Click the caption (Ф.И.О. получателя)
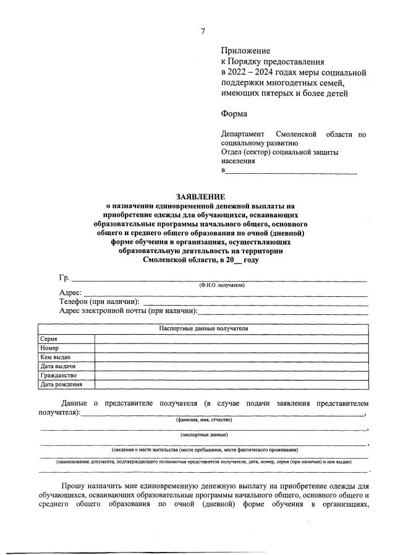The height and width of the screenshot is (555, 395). coord(221,285)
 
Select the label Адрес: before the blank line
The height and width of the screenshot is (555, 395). coord(70,293)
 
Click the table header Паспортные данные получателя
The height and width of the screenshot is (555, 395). coord(203,329)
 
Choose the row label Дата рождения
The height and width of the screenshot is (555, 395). coord(61,384)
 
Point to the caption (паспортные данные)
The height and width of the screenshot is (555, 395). coord(203,435)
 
